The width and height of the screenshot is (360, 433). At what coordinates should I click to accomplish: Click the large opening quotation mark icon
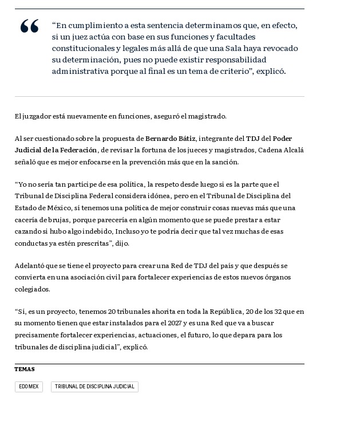29,27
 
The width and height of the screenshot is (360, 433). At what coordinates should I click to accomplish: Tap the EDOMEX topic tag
29,387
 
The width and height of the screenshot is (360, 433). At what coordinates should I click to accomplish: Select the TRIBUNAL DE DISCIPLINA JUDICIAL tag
94,387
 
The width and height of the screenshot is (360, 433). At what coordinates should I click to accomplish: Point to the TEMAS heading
25,369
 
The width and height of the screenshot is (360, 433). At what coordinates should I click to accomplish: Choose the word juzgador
34,116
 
